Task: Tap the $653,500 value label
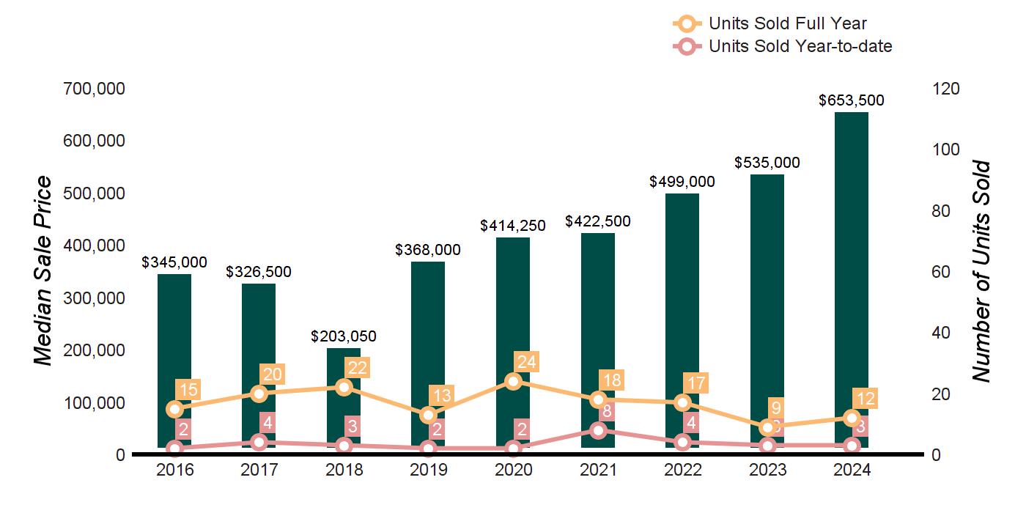click(x=852, y=101)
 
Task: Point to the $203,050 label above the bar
click(x=344, y=336)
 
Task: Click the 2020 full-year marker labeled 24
click(x=513, y=381)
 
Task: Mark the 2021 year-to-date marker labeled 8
click(x=598, y=430)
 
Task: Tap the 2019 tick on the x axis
click(x=428, y=470)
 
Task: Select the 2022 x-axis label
click(x=683, y=470)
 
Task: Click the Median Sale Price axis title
click(x=44, y=271)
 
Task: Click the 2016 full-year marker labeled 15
click(x=174, y=409)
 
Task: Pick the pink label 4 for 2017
click(x=267, y=424)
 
